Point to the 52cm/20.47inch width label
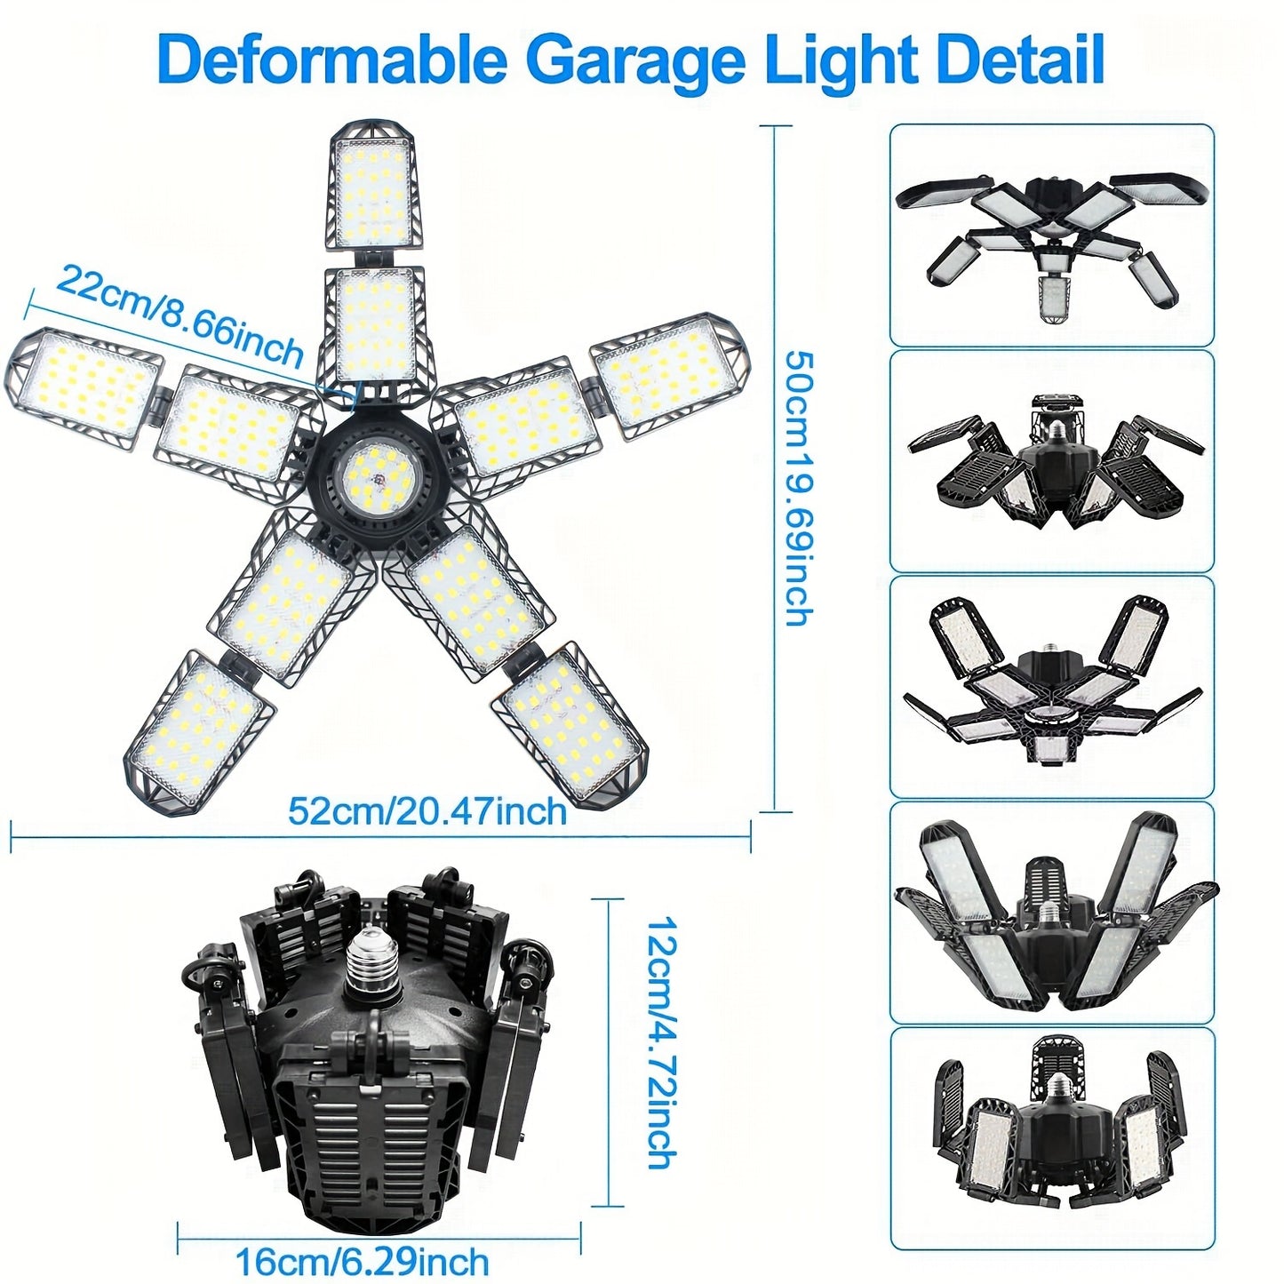(427, 811)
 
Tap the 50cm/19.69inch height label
(798, 488)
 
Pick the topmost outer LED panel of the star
(371, 187)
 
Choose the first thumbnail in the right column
(1051, 235)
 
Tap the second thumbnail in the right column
(1051, 460)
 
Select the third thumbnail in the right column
(1051, 686)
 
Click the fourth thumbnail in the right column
(1051, 912)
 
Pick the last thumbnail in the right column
(1051, 1138)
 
